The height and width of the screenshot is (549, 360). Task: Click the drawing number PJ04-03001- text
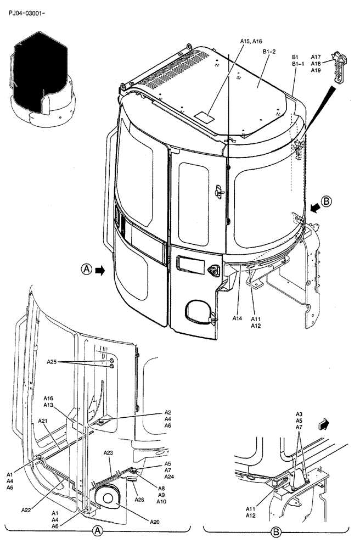[x=27, y=11]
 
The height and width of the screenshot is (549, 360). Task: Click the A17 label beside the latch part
[x=316, y=57]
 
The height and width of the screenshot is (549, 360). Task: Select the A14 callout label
[x=237, y=318]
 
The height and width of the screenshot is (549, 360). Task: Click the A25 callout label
[x=52, y=362]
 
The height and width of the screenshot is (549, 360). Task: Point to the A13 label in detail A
[x=49, y=405]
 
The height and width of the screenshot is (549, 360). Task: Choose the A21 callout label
[x=43, y=421]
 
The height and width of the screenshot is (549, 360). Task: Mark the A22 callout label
[x=26, y=510]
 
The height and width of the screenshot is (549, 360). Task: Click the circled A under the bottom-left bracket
[x=97, y=531]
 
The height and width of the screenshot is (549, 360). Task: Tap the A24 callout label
[x=169, y=477]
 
